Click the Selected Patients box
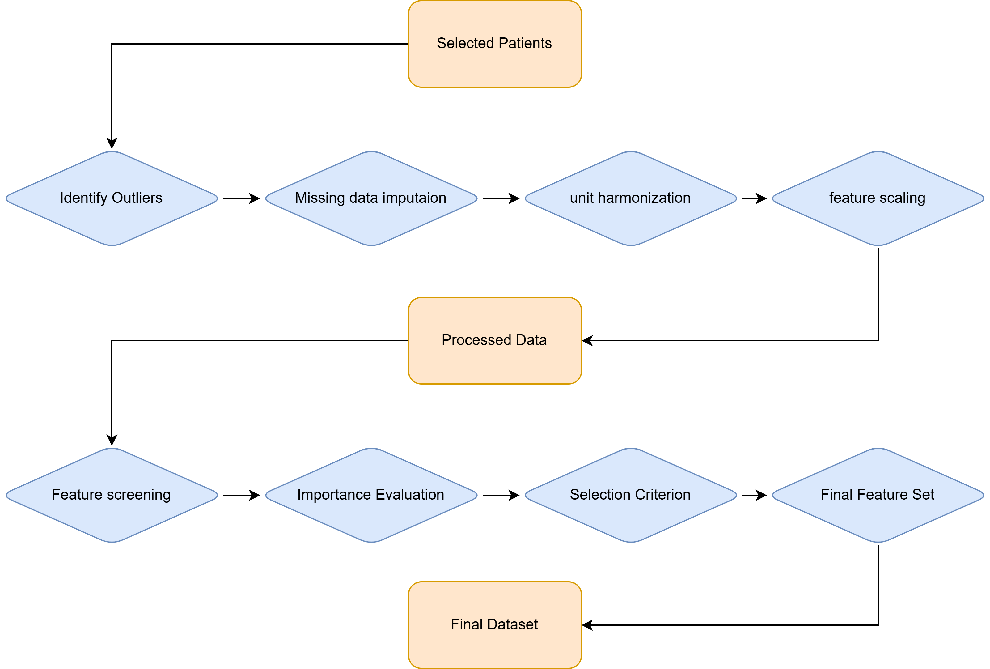pos(495,44)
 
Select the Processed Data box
pos(495,340)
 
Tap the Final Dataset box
pos(495,625)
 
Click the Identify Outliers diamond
pos(112,198)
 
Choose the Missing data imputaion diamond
pos(371,198)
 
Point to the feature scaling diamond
pos(878,198)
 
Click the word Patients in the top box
pos(525,44)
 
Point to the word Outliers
pos(137,198)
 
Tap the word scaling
pos(902,198)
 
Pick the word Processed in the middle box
pos(476,340)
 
